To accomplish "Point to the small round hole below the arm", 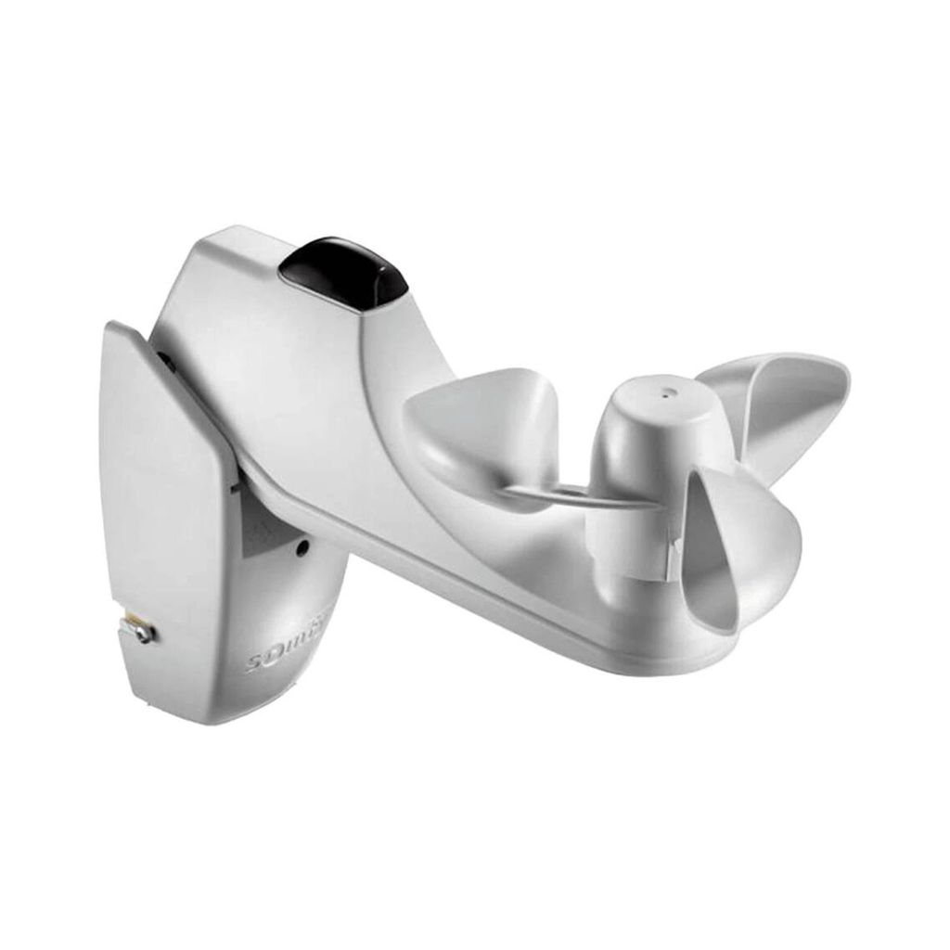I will tap(302, 547).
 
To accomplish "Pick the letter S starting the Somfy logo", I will tap(253, 664).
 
